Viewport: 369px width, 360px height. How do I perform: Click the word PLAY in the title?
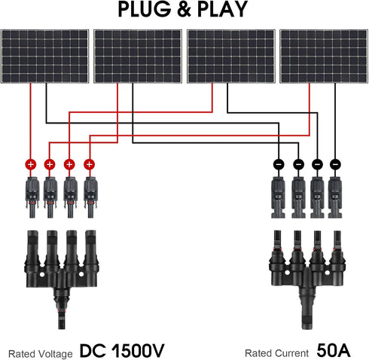coord(223,9)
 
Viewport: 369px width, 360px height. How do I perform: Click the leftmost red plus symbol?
coord(31,163)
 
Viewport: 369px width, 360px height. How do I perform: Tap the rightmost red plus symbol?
coord(90,163)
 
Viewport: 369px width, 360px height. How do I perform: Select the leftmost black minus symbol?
coord(278,163)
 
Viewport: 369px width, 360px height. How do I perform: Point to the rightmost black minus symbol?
coord(336,163)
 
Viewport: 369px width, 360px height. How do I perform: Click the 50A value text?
coord(334,352)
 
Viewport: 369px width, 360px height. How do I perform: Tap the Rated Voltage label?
coord(41,352)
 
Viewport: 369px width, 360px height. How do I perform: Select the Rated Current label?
coord(276,352)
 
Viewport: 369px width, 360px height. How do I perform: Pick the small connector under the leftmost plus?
coord(31,194)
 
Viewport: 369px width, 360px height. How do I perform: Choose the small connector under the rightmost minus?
coord(336,194)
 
